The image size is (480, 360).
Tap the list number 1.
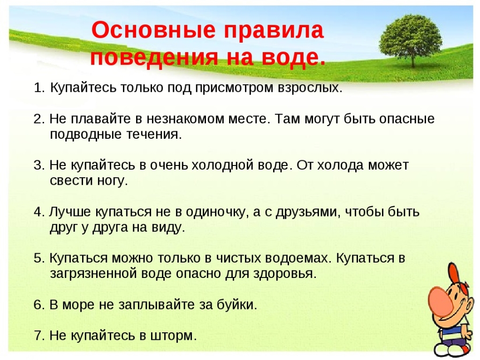(x=39, y=88)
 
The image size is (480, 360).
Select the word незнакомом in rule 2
(x=185, y=119)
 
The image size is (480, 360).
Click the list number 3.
(x=39, y=165)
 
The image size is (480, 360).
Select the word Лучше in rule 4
(x=70, y=212)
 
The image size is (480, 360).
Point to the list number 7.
(x=39, y=336)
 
